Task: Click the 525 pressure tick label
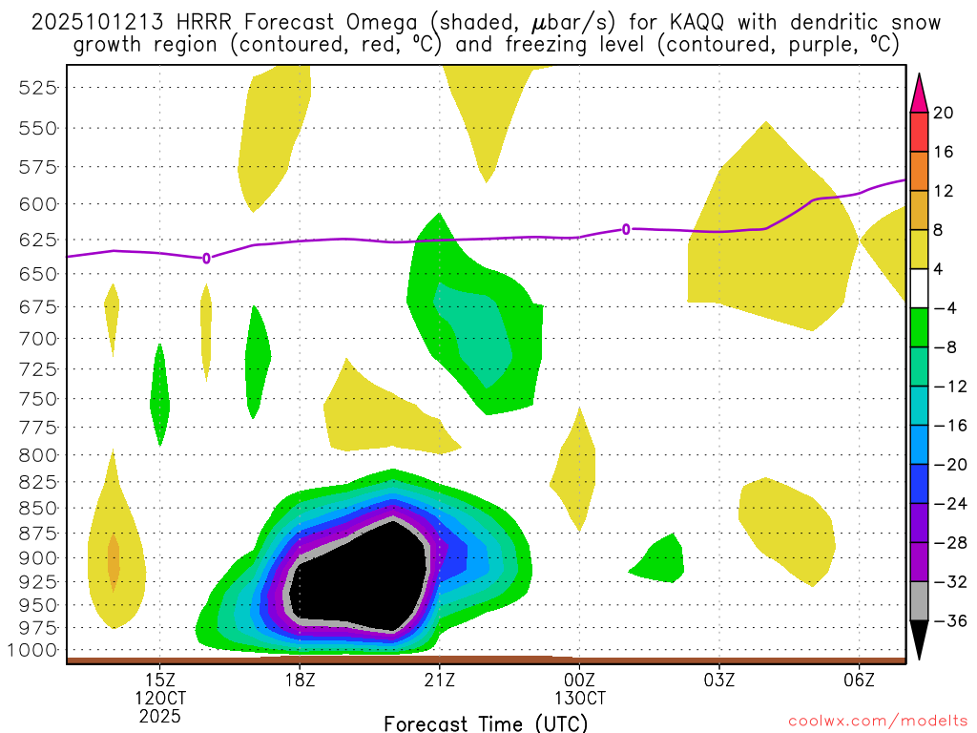[39, 87]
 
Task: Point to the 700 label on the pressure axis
[39, 338]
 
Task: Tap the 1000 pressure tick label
[35, 650]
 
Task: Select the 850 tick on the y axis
[39, 508]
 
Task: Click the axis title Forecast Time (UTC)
[486, 723]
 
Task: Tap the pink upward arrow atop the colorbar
[919, 93]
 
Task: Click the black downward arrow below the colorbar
[919, 639]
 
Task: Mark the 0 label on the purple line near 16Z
[206, 258]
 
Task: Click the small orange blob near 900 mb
[114, 563]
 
